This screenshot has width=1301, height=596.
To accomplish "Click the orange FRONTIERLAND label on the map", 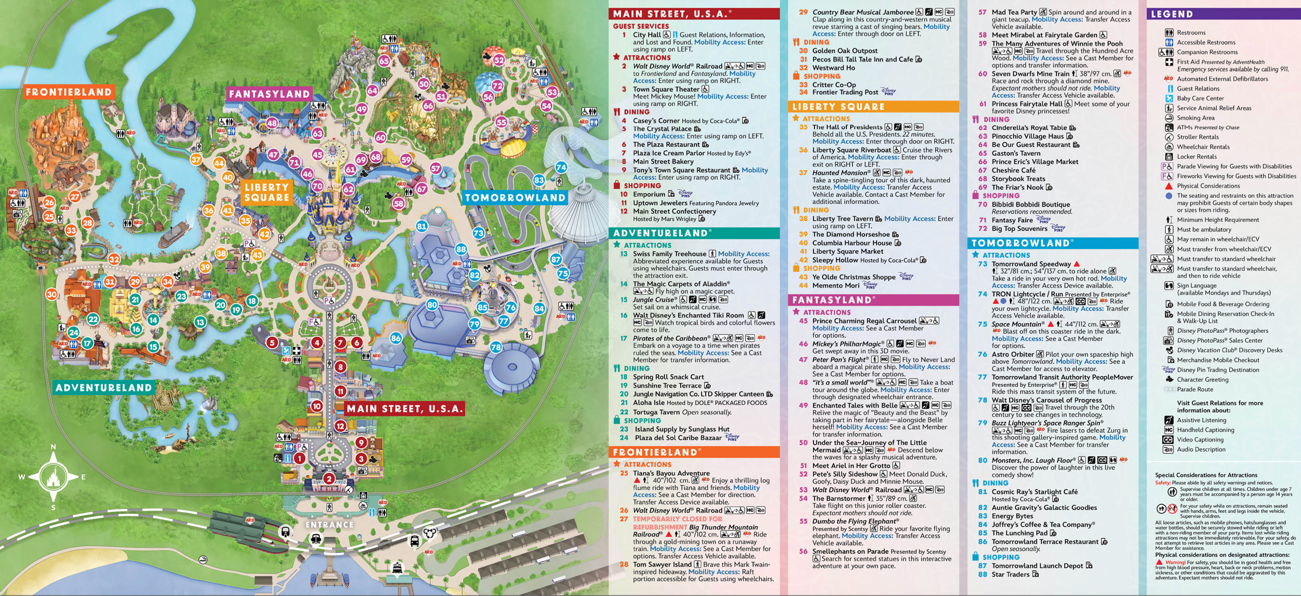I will coord(69,92).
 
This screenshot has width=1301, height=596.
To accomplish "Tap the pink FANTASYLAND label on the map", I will coord(269,94).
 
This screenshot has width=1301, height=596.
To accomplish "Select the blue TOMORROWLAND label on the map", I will coord(515,198).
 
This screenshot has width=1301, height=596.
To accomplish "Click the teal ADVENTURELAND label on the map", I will coord(104,388).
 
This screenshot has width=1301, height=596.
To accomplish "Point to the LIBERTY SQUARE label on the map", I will coord(266,193).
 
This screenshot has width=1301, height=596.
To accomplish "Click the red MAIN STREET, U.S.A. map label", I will coord(404,409).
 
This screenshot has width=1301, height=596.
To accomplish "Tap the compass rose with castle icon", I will coord(53,477).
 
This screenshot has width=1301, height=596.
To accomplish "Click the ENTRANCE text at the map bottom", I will coord(329,525).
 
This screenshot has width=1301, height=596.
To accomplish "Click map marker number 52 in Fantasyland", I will coord(499,60).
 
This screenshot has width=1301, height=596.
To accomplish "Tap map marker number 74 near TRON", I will coord(560,167).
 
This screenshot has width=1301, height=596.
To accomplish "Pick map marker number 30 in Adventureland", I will coord(52,294).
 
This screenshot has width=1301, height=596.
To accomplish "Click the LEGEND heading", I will coord(1171,15).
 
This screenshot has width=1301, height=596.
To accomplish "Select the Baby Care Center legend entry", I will coord(1200,98).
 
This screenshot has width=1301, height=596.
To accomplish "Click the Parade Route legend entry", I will coord(1195,389).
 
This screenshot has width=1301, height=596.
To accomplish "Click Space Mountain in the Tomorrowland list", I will coord(1015,324).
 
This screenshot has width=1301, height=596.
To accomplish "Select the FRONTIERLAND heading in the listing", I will coord(655,452).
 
